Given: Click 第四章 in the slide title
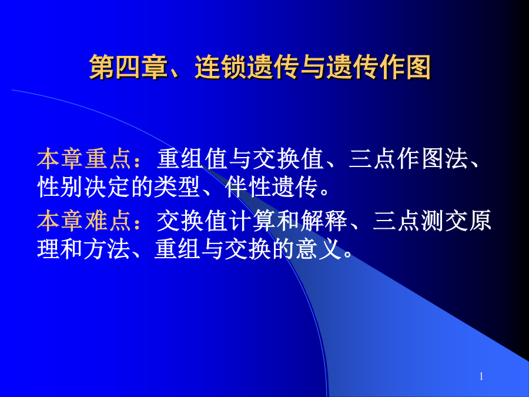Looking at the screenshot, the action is [x=128, y=67].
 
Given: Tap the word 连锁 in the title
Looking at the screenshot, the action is [x=221, y=67].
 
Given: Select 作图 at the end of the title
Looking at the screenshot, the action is [x=405, y=67].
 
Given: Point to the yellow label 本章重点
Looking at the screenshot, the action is [x=84, y=159].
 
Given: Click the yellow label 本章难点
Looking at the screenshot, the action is [x=84, y=221].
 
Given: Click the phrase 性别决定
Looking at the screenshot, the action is [x=84, y=187].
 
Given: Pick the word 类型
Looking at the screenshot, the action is [x=177, y=187].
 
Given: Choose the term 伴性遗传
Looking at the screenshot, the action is [x=271, y=187].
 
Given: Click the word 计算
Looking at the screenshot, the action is [x=252, y=221].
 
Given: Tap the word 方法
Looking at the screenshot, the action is [x=107, y=249].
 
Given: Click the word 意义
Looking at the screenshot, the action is [x=317, y=249].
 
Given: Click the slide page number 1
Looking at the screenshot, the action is [x=481, y=376].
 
